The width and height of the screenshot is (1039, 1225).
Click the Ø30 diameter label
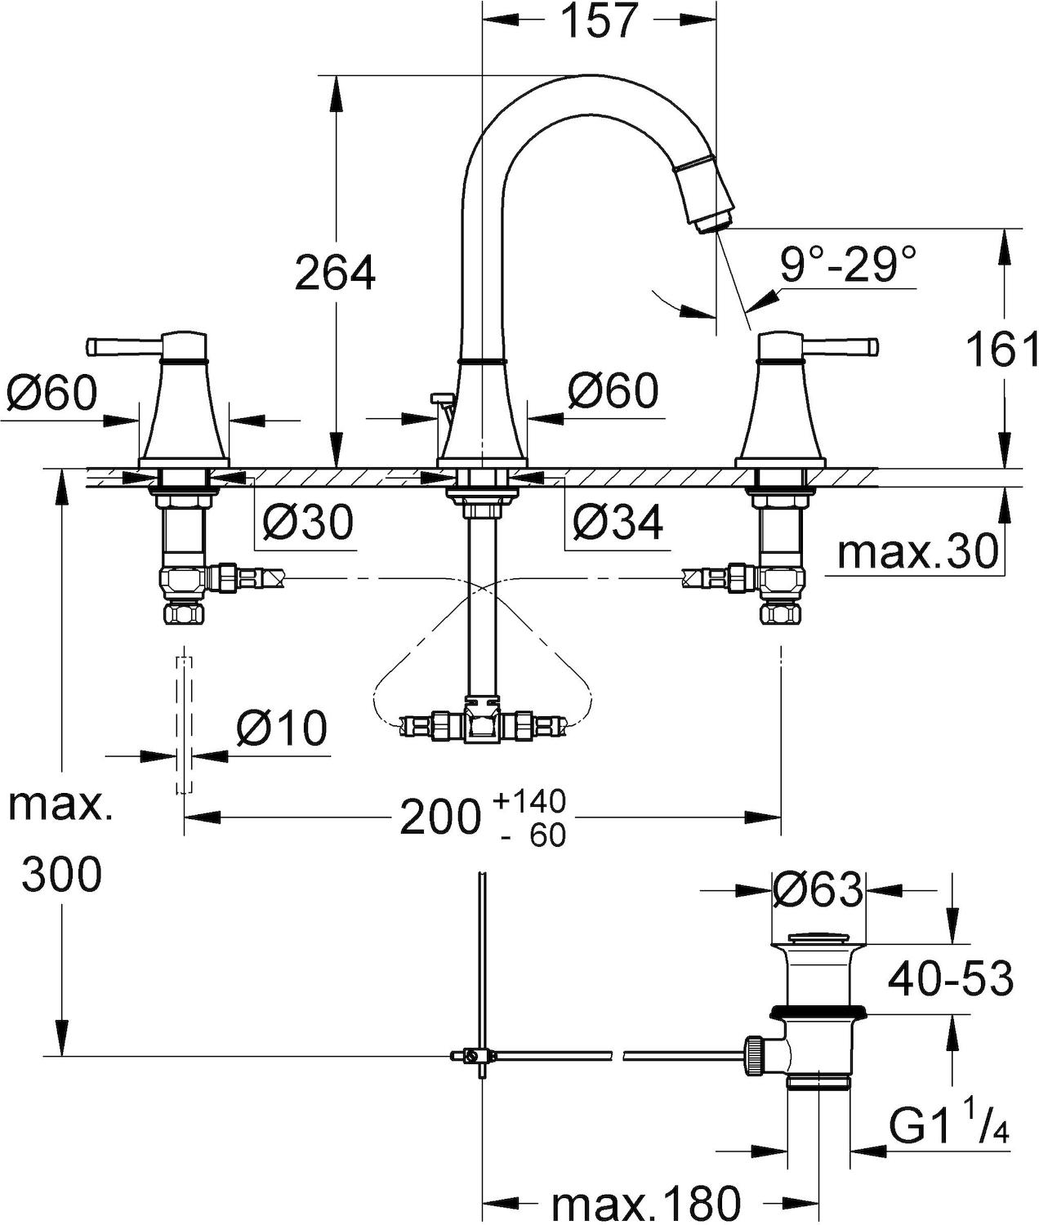307,521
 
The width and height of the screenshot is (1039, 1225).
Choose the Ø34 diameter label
617,521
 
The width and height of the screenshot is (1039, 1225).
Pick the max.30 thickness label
917,552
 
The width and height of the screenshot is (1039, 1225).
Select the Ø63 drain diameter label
818,890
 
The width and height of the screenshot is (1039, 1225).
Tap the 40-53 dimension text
950,977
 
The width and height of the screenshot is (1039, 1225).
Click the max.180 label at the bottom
645,1203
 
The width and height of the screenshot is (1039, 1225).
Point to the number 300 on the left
62,875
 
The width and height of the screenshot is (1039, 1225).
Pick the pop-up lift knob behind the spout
441,398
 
